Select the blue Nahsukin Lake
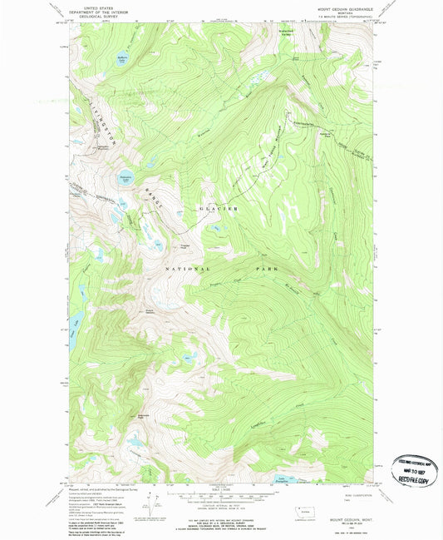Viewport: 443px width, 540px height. (126, 181)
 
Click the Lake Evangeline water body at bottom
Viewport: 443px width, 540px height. (285, 478)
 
